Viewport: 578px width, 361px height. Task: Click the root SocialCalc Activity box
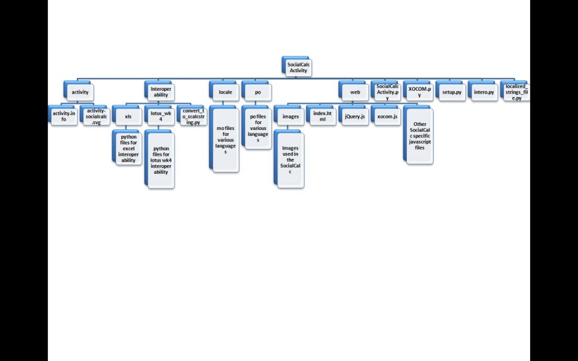tap(298, 68)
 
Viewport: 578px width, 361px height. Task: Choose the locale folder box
tap(224, 92)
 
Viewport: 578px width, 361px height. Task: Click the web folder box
tap(355, 92)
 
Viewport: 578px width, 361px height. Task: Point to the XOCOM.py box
tap(420, 92)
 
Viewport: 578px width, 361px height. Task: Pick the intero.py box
tap(484, 92)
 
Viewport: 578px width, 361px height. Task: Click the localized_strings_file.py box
tap(516, 92)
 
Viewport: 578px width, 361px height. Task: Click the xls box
tap(128, 116)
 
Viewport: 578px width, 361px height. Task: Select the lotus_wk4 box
tap(160, 116)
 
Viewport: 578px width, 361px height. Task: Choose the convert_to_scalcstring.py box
tap(192, 116)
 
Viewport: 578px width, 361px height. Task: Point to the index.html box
tap(323, 116)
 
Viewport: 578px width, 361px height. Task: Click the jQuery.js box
tap(354, 116)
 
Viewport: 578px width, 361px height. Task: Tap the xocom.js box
tap(387, 116)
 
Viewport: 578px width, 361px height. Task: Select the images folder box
tap(290, 116)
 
